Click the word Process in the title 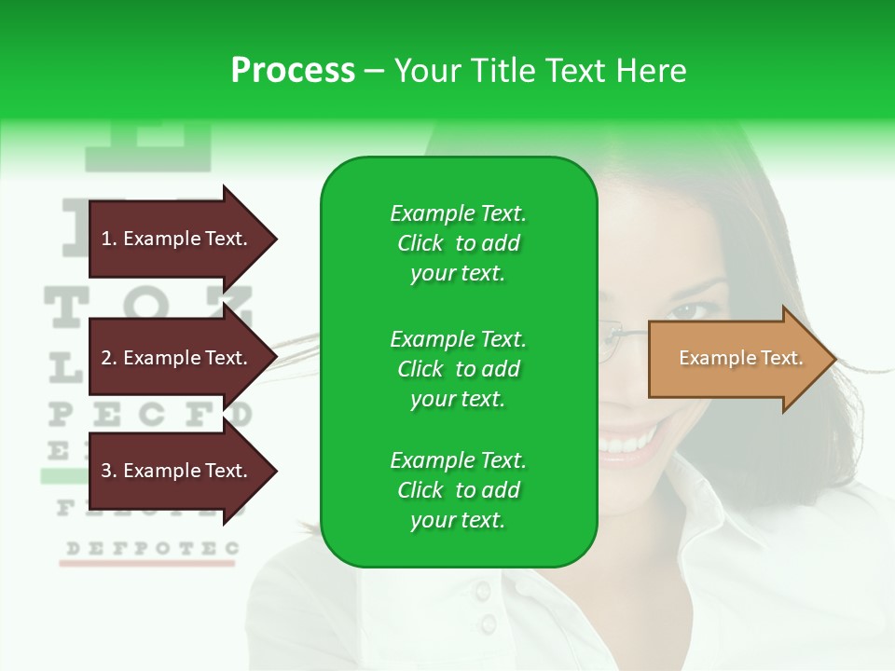(293, 71)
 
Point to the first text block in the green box (458, 243)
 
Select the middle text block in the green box (458, 369)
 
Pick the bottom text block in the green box (458, 490)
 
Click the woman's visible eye (688, 310)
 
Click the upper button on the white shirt (482, 591)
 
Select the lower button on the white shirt (488, 623)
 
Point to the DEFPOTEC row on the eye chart (149, 548)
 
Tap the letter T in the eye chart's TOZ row (63, 307)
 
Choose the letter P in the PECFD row (60, 414)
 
